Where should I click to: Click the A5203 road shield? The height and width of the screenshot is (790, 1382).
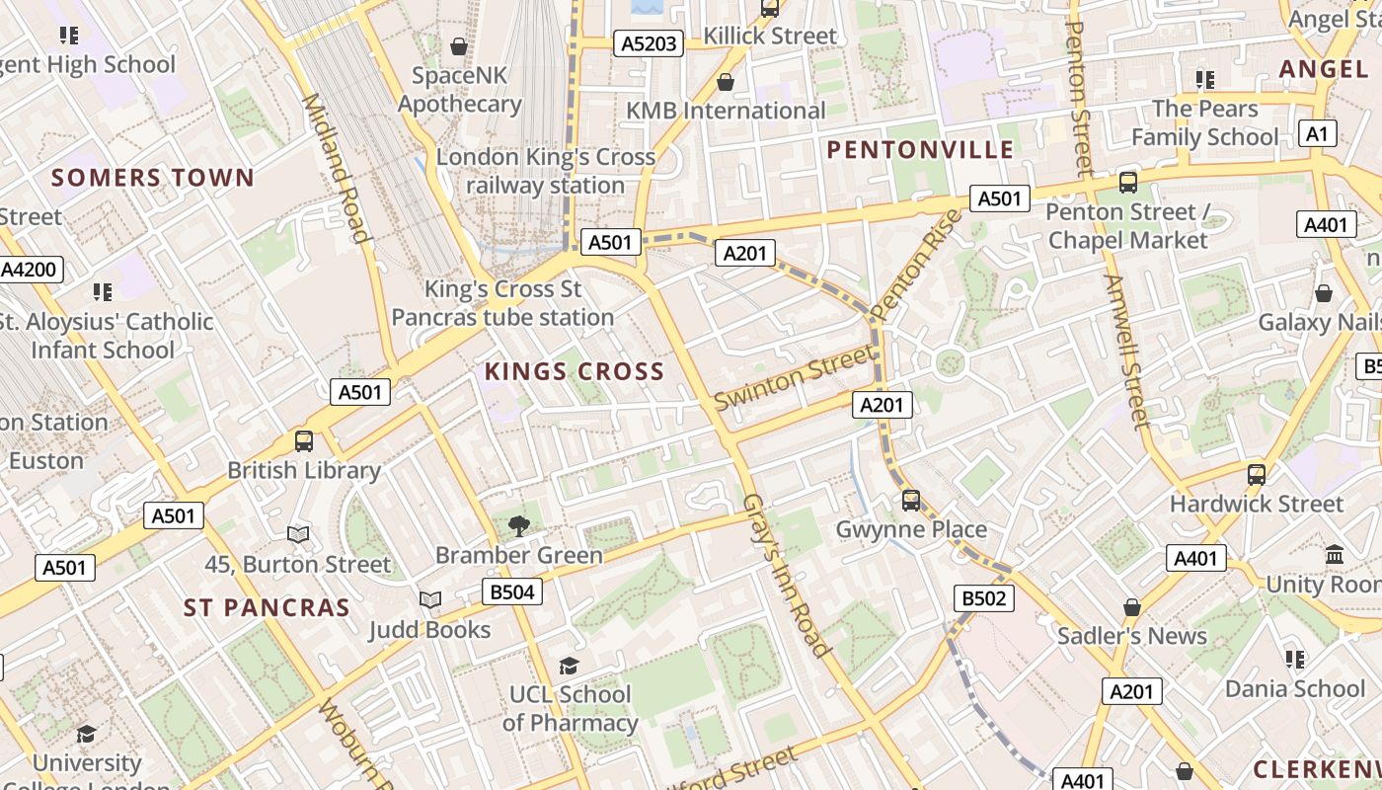tap(648, 42)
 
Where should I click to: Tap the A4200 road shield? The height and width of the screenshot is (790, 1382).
tap(31, 270)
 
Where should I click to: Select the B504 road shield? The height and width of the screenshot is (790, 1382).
tap(511, 592)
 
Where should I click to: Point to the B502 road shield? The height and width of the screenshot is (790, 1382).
tap(984, 597)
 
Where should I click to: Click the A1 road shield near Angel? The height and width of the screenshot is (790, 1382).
tap(1318, 133)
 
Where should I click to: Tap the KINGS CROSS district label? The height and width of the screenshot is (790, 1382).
tap(574, 371)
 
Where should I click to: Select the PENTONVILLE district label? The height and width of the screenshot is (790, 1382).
tap(920, 149)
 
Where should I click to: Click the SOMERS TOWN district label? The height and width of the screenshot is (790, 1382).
tap(153, 178)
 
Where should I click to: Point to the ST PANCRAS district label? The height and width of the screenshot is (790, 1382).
tap(267, 607)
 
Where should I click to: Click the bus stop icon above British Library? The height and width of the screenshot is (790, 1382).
tap(304, 441)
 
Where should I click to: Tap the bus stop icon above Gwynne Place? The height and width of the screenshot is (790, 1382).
tap(911, 501)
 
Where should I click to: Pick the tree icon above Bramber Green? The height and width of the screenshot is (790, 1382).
tap(518, 525)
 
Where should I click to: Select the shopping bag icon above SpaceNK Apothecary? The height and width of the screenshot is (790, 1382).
tap(459, 45)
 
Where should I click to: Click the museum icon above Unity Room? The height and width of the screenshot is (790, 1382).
tap(1336, 555)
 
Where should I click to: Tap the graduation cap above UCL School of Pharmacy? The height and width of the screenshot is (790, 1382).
tap(569, 666)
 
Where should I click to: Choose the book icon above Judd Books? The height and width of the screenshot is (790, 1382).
tap(429, 600)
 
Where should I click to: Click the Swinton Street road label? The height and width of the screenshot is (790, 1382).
tap(794, 377)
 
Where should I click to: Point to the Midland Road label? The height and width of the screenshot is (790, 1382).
tap(336, 168)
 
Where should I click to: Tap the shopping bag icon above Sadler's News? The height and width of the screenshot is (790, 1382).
tap(1132, 606)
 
